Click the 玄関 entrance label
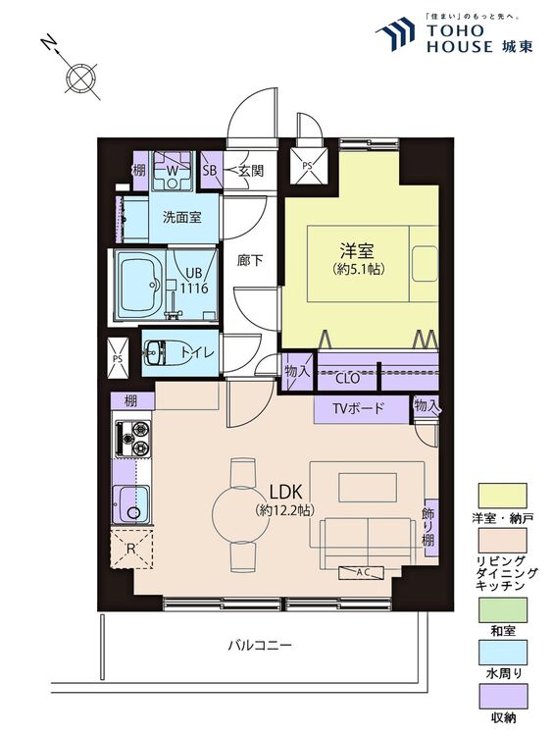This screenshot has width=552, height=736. [251, 171]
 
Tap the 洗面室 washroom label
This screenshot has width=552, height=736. [182, 217]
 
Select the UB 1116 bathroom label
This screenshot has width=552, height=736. [195, 281]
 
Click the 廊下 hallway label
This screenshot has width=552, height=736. [249, 260]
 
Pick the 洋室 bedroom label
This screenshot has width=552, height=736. [357, 251]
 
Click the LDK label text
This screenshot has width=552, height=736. [285, 492]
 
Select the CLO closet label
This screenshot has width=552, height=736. [347, 378]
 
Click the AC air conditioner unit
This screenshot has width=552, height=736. [362, 572]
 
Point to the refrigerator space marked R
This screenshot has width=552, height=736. [131, 548]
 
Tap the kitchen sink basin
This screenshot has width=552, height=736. [131, 503]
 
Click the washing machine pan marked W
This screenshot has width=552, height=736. [173, 171]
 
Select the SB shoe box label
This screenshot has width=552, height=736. [210, 171]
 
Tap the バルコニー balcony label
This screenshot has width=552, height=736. [260, 645]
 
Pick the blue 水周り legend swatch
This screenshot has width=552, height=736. [502, 653]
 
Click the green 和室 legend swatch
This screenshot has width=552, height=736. [502, 609]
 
